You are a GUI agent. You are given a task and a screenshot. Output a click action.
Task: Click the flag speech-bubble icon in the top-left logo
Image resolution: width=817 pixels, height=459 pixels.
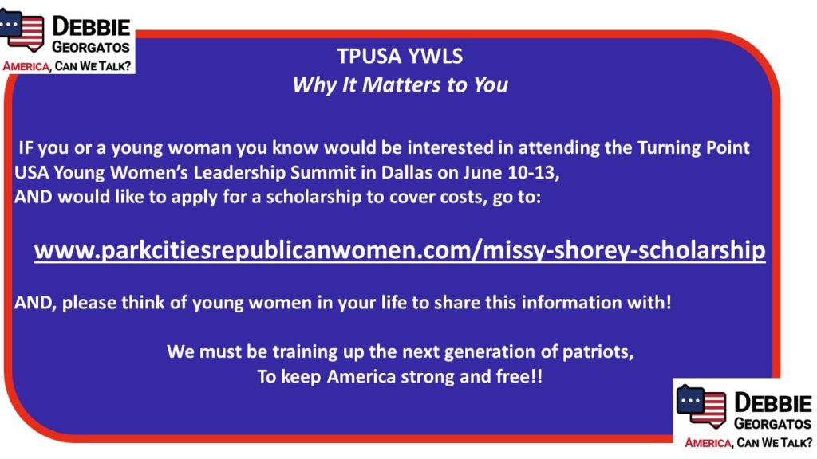coord(22,29)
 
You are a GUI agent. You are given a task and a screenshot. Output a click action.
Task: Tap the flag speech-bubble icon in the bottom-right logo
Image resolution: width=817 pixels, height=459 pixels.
coord(701,406)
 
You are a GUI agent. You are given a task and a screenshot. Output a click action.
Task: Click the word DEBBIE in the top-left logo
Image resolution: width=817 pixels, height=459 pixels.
coord(91,26)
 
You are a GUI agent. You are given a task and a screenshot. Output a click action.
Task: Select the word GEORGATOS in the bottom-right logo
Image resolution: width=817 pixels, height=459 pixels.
coord(772,424)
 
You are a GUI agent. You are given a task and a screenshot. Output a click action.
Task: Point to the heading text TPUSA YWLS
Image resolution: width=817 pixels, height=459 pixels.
coord(400,57)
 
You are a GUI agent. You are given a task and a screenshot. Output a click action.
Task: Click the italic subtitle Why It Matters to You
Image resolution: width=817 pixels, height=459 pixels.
coord(400,84)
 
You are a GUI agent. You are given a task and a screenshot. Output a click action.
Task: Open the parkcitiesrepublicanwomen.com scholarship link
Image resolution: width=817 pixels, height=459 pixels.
coord(400,250)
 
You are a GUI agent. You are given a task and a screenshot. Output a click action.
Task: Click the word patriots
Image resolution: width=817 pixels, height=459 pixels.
coord(598,352)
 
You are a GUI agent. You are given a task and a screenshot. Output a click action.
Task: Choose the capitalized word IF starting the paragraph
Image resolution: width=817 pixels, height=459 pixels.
coord(26,147)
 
